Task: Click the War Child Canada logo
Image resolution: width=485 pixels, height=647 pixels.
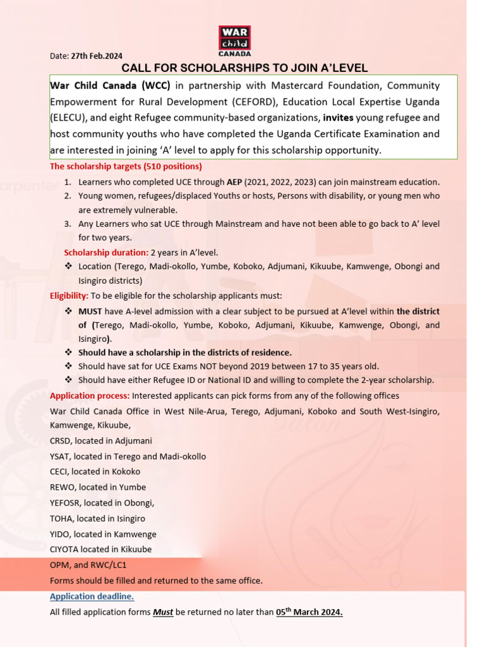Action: (x=234, y=41)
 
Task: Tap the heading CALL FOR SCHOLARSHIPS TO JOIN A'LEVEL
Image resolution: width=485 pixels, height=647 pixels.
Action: (x=244, y=68)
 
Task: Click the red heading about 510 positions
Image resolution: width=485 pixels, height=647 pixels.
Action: (x=126, y=167)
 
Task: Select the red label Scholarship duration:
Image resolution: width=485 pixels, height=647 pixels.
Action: (x=106, y=253)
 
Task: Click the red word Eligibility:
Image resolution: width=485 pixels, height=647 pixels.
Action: (x=69, y=296)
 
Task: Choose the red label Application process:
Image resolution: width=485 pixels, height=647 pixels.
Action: (x=90, y=396)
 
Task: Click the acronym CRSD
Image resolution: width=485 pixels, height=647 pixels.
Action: (x=61, y=440)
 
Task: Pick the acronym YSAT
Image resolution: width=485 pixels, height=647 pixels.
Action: (x=61, y=456)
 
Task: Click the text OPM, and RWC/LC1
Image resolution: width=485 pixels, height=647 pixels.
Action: (x=88, y=565)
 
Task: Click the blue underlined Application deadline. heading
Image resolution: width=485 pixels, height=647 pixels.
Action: (x=92, y=596)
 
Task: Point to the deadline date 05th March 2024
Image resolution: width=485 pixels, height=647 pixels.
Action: (x=309, y=612)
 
